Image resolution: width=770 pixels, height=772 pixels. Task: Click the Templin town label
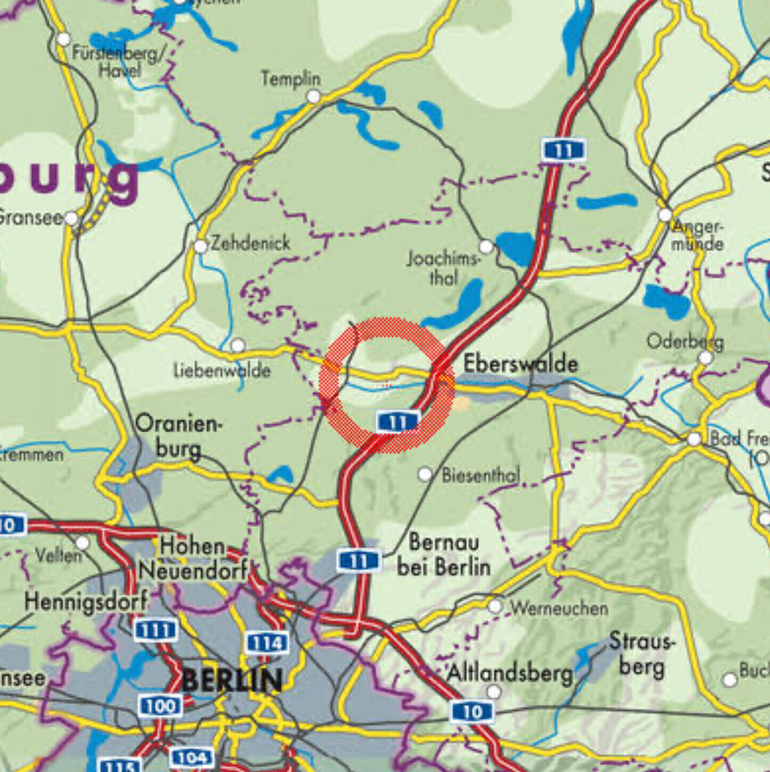(x=290, y=79)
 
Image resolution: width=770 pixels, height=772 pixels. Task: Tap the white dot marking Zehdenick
(x=200, y=246)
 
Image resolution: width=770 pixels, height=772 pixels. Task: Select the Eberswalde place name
(x=520, y=364)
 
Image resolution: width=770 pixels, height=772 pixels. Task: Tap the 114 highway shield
(x=267, y=643)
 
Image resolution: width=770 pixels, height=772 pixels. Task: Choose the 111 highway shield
(x=156, y=630)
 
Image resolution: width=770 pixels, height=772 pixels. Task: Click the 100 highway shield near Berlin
(x=160, y=706)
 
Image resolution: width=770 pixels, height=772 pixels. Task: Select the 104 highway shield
(x=191, y=757)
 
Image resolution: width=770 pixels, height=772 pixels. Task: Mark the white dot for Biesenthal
(x=425, y=474)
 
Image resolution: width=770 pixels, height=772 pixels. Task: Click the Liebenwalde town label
(x=222, y=370)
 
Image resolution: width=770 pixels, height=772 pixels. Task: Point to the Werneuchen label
(x=559, y=608)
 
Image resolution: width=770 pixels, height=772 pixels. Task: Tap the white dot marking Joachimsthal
(x=486, y=246)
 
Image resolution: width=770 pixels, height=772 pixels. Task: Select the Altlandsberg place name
(x=509, y=673)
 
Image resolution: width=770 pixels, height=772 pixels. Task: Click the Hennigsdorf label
(x=86, y=602)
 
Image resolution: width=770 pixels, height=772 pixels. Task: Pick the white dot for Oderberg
(x=706, y=358)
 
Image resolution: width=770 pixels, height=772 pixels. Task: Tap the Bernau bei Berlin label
(x=443, y=554)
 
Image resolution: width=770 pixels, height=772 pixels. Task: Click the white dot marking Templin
(x=314, y=96)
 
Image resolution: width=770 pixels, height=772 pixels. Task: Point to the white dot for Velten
(x=83, y=543)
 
